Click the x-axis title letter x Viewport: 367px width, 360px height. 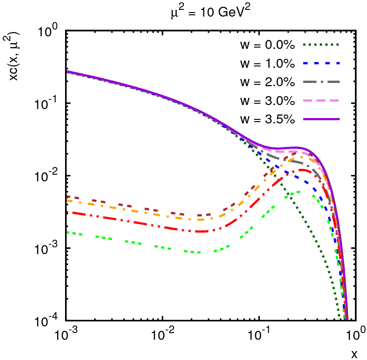[354, 354]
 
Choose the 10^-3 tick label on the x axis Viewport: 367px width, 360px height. [66, 334]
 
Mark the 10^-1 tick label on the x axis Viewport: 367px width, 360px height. [259, 334]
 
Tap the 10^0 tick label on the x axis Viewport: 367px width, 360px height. [356, 334]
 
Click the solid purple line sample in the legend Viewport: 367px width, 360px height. [320, 119]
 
